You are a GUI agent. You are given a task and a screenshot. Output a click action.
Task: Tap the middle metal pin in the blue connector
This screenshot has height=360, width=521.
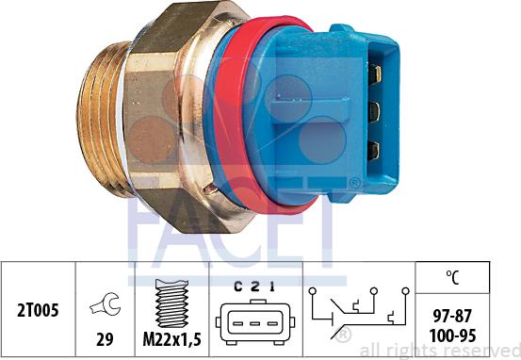374,111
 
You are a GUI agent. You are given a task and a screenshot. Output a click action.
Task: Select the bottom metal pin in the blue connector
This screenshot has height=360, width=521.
374,149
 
